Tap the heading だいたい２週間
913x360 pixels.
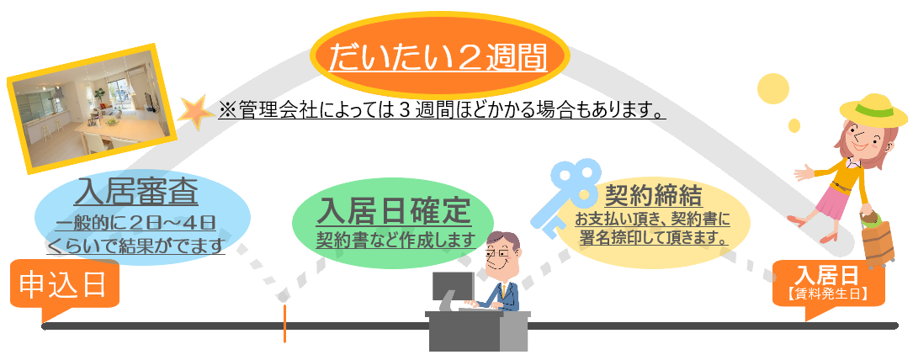click(x=438, y=57)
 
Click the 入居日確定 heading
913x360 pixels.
click(x=393, y=212)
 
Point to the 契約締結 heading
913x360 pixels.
click(x=653, y=195)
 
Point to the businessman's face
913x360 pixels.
click(x=500, y=254)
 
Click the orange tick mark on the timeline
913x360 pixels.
click(x=284, y=323)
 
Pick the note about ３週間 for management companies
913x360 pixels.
click(x=443, y=109)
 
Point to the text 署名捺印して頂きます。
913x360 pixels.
click(x=652, y=238)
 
